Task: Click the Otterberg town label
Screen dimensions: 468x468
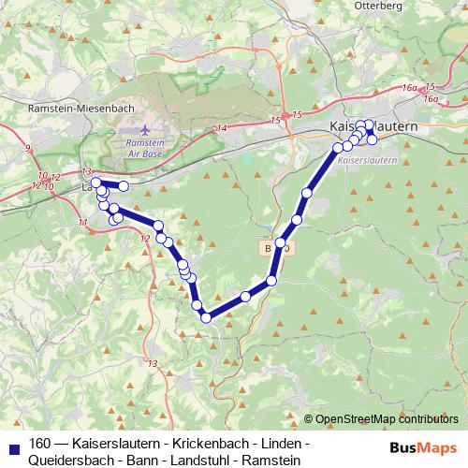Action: [x=378, y=6]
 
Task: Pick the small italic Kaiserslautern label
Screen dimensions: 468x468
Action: [x=365, y=161]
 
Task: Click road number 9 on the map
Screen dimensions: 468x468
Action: [x=27, y=148]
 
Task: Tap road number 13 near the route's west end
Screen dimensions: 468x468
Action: [x=86, y=171]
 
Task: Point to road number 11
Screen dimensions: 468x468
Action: [x=82, y=222]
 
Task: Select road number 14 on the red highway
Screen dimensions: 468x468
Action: [x=221, y=128]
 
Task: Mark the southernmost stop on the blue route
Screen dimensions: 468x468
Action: [x=206, y=317]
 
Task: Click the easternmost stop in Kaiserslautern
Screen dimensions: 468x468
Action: [x=373, y=139]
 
